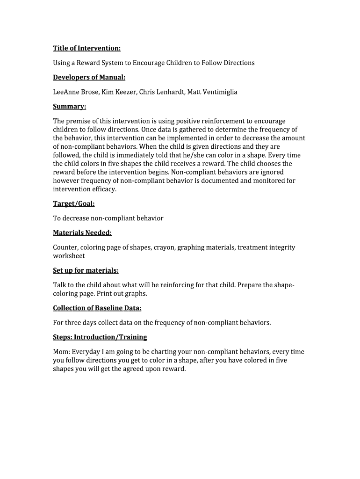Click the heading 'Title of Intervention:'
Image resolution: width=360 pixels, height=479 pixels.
[86, 48]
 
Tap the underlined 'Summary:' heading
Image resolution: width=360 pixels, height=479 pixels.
[69, 107]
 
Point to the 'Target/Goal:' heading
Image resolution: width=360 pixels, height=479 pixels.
[74, 203]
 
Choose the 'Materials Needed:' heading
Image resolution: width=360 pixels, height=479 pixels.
[82, 232]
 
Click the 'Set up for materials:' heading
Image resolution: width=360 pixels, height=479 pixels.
[86, 270]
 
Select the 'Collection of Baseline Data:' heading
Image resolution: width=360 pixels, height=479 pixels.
[97, 308]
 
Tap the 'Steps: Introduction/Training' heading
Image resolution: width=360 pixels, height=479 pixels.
[100, 337]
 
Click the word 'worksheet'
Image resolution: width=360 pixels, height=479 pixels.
[69, 256]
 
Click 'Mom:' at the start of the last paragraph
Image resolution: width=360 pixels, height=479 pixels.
[61, 352]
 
